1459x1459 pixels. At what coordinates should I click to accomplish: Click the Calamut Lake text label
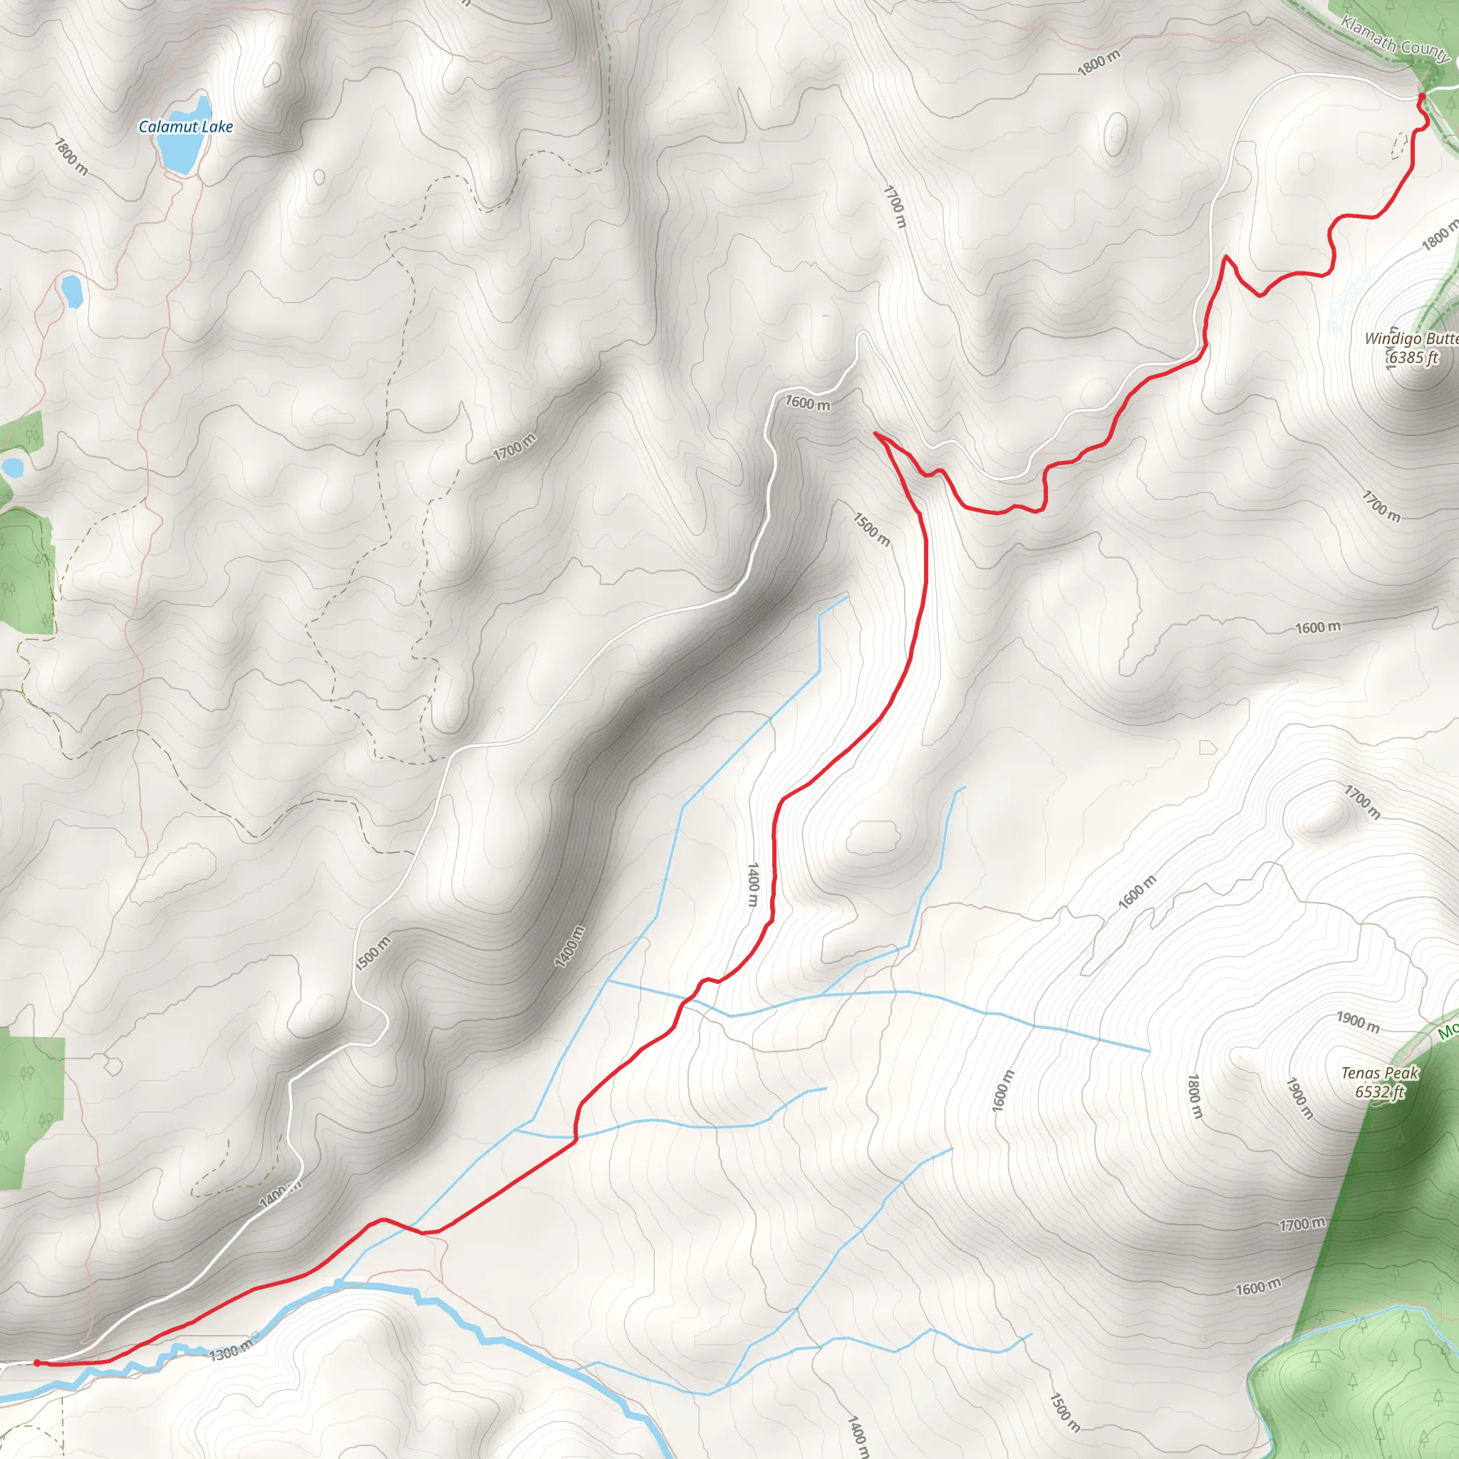[x=185, y=127]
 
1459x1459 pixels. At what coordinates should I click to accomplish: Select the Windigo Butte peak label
[x=1411, y=339]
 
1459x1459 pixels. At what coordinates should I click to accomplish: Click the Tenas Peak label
[x=1380, y=1073]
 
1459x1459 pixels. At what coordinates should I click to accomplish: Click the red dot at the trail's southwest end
[x=37, y=1363]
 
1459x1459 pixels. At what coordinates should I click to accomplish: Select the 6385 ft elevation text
[x=1413, y=358]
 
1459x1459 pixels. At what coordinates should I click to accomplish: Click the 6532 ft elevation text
[x=1380, y=1092]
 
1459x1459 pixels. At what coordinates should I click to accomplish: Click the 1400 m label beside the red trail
[x=752, y=885]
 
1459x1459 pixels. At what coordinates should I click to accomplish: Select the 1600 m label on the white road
[x=807, y=403]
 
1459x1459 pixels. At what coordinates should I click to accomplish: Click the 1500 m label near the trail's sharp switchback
[x=871, y=529]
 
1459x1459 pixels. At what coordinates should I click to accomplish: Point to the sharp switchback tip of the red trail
[x=875, y=433]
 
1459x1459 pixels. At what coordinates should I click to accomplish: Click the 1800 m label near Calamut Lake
[x=71, y=156]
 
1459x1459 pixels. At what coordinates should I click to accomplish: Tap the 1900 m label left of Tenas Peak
[x=1358, y=1022]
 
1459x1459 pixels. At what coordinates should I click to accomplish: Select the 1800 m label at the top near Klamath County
[x=1099, y=63]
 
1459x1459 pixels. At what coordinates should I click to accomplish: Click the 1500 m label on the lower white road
[x=373, y=953]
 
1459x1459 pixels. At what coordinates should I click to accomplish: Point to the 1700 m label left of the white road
[x=514, y=447]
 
